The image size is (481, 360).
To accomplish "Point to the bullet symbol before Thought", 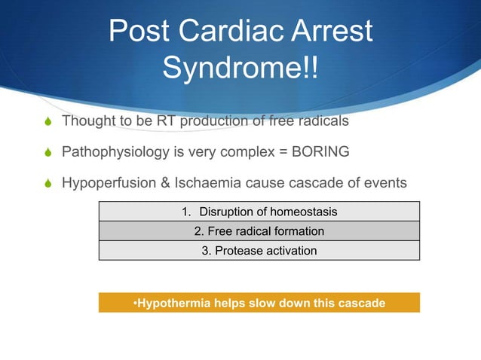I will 50,121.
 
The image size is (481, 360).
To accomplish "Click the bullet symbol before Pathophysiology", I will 50,153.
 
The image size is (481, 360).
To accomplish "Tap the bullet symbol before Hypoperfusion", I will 50,184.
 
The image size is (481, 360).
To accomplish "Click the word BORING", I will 320,152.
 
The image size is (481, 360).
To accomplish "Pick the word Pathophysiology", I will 115,152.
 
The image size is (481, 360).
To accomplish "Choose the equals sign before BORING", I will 281,152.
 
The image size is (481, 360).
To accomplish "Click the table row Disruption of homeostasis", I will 259,212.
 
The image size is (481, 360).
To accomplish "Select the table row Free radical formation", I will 259,231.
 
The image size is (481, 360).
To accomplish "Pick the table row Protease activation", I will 259,251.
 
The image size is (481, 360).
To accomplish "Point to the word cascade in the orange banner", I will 361,303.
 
